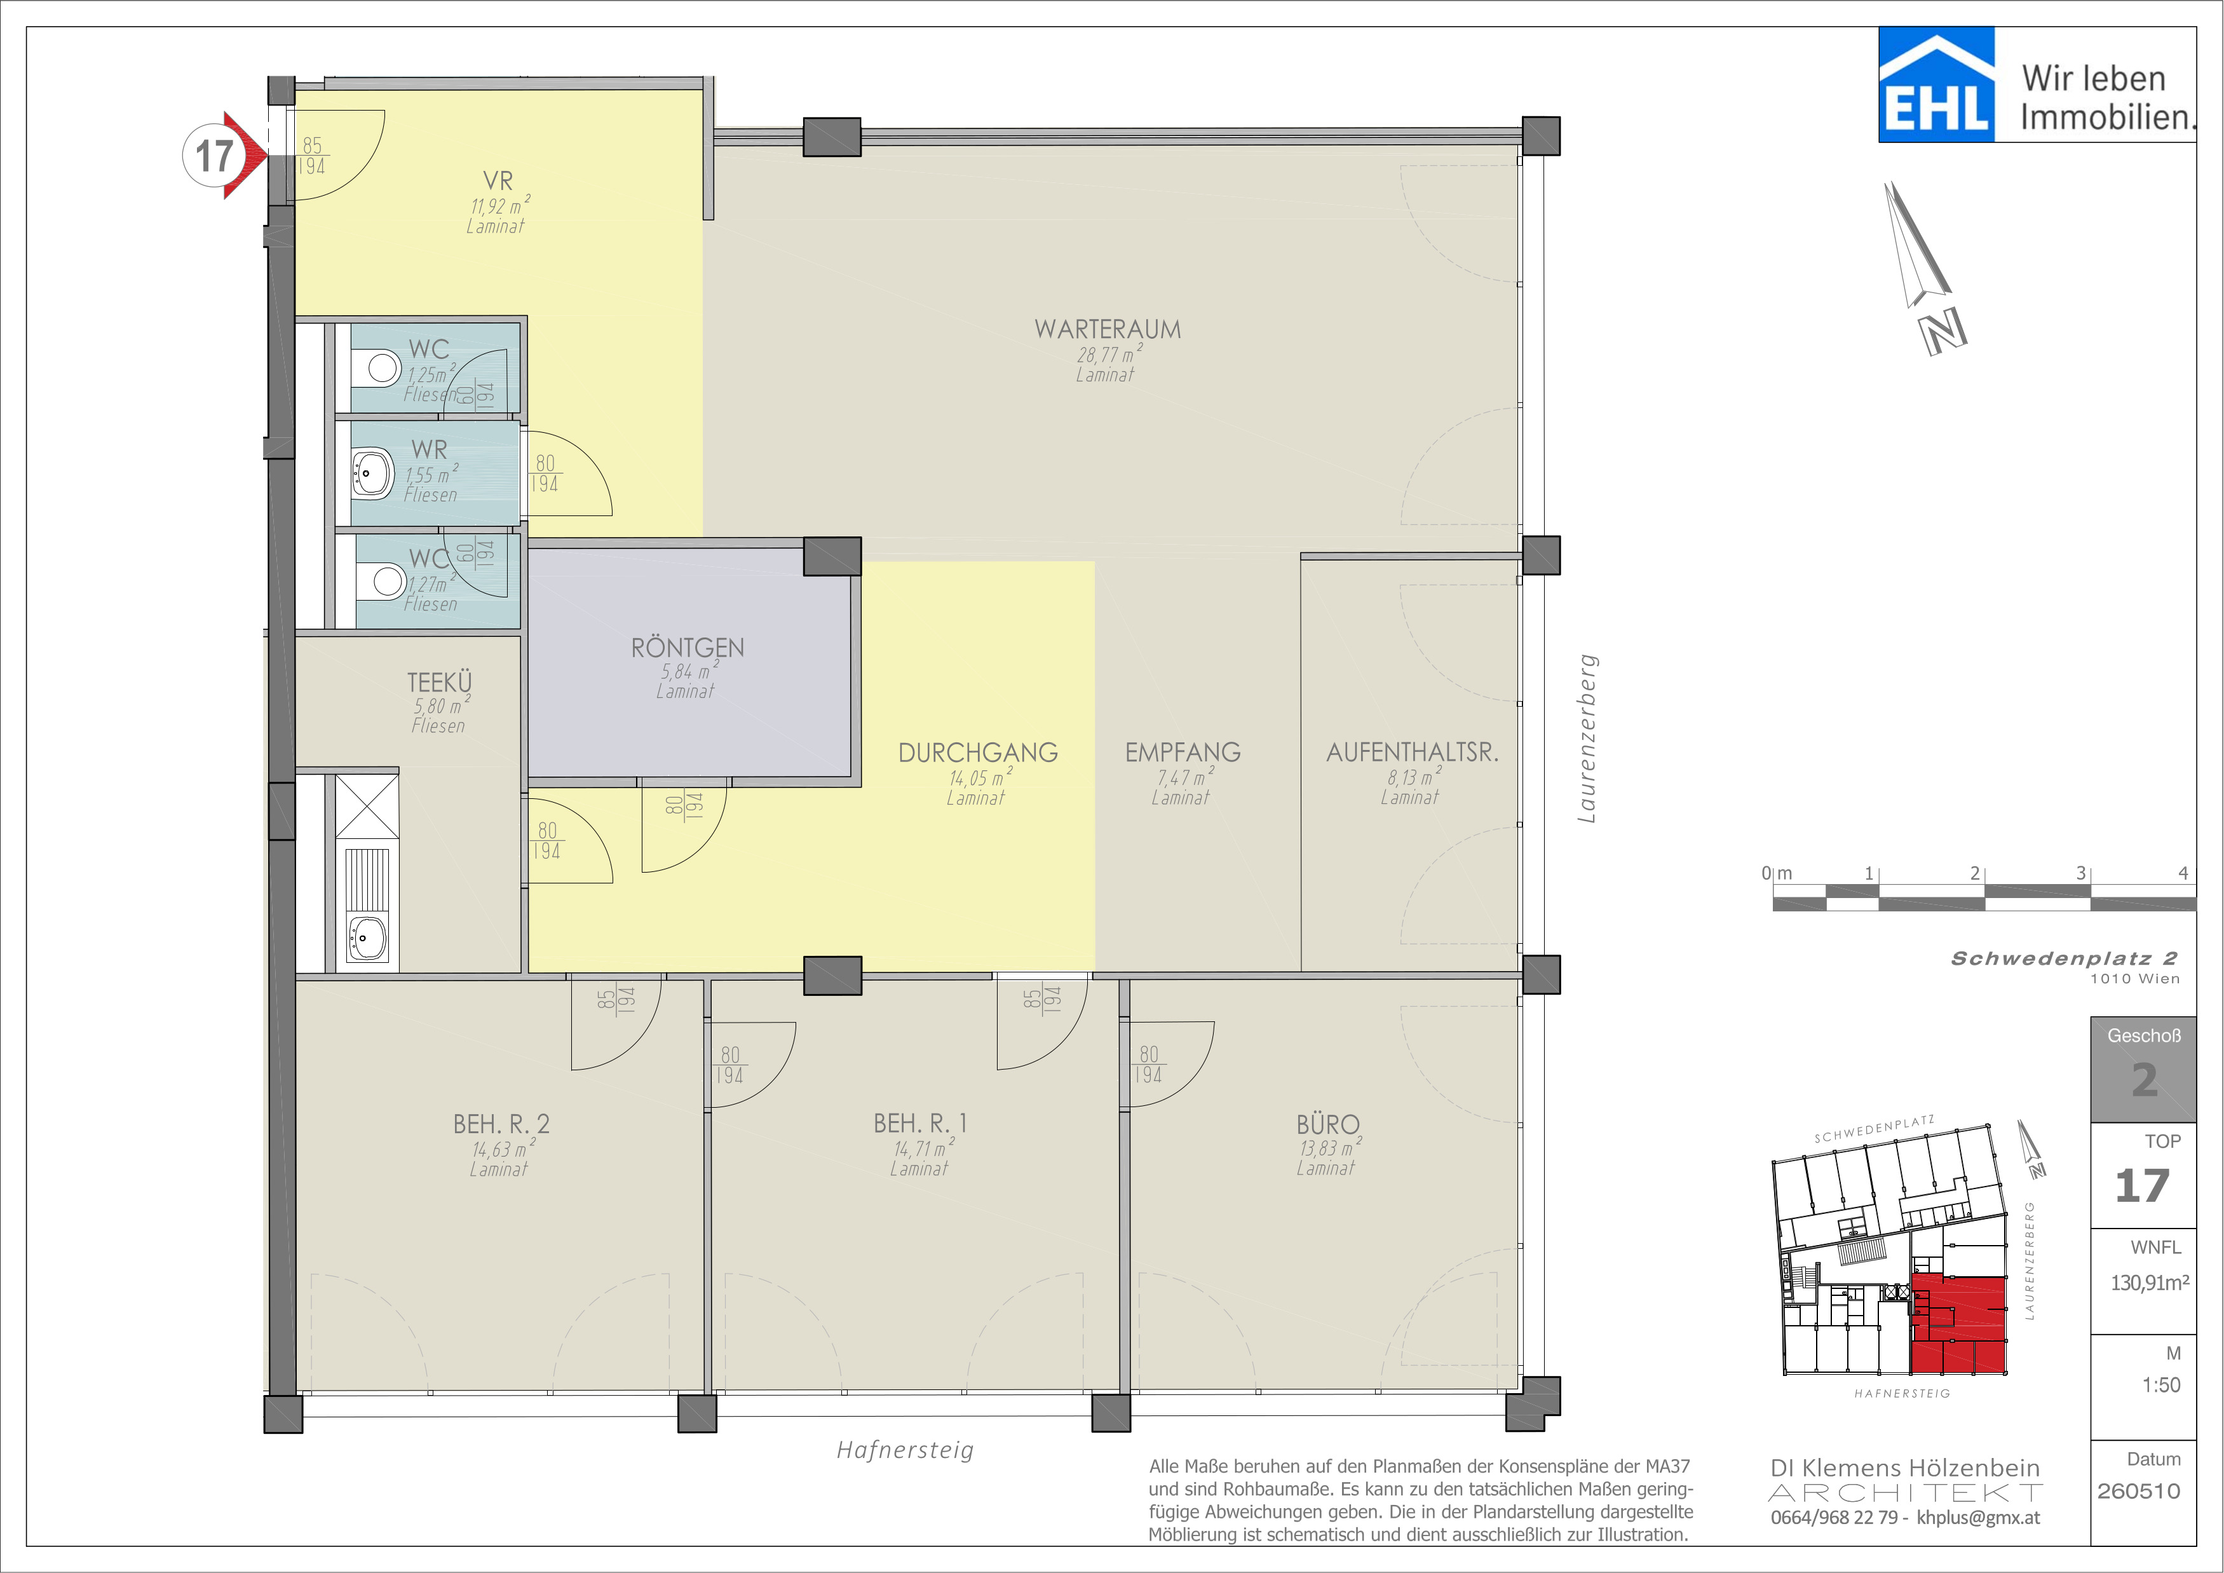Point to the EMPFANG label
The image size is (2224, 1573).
point(1183,752)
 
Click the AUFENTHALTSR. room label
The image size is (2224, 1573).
point(1413,752)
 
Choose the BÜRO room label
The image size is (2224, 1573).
point(1328,1124)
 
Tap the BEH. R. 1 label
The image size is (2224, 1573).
point(920,1124)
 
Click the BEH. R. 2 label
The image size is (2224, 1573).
point(501,1124)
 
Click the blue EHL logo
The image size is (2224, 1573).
point(1936,85)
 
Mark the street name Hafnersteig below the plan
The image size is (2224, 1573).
point(905,1450)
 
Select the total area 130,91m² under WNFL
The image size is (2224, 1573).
point(2150,1283)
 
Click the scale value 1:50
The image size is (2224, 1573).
point(2161,1385)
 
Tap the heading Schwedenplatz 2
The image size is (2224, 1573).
point(2064,958)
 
